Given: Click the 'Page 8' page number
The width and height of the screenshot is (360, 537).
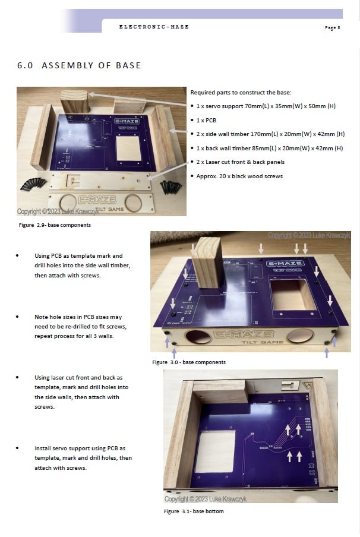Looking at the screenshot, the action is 332,28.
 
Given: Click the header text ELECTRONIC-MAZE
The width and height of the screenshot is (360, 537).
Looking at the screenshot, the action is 154,27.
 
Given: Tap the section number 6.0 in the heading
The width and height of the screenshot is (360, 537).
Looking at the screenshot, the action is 25,65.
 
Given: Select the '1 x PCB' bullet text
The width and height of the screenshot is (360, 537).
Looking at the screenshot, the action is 206,120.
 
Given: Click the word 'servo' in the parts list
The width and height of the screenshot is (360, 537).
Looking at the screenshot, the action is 214,106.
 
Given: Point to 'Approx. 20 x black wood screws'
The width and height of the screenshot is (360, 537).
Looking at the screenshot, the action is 239,176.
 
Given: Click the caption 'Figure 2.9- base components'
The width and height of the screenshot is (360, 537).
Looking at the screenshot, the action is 55,225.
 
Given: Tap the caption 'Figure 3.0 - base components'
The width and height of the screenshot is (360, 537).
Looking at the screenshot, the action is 189,362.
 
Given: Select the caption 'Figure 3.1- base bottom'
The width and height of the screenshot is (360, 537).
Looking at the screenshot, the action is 194,511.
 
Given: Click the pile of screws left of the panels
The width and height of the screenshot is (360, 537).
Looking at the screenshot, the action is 33,184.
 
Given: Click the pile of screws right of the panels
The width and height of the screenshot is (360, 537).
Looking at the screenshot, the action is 171,187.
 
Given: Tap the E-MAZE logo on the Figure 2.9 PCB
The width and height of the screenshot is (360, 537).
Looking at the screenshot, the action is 127,121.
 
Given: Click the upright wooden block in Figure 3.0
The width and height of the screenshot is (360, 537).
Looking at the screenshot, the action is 207,262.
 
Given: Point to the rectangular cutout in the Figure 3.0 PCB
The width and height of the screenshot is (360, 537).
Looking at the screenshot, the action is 293,295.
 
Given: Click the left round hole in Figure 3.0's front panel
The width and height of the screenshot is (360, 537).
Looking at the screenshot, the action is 198,337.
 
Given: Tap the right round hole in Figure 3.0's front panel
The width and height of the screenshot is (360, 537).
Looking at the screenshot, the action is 301,336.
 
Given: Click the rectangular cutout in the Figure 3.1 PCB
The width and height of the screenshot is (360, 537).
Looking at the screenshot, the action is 215,451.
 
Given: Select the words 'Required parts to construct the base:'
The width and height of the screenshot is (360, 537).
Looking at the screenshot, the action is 241,93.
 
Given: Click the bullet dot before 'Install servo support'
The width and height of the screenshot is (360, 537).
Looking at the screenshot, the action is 17,448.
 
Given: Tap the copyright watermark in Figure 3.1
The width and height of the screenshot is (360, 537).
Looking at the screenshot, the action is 205,499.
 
